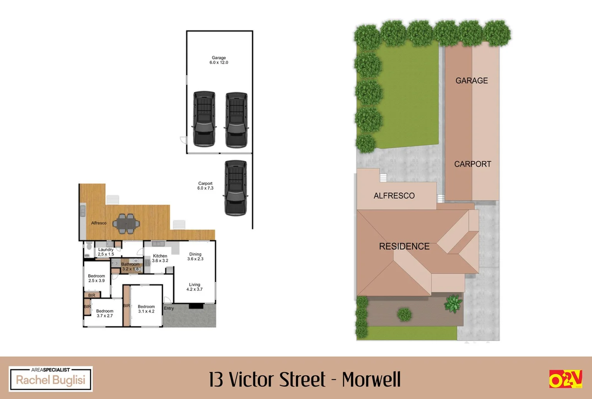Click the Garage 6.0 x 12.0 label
click(219, 60)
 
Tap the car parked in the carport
click(236, 187)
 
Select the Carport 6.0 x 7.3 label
click(205, 186)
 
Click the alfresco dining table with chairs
click(126, 224)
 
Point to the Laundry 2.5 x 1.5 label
click(106, 252)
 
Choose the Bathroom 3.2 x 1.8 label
click(130, 266)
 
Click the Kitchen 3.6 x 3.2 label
click(160, 258)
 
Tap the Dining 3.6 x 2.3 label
click(195, 256)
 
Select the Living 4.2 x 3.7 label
click(194, 287)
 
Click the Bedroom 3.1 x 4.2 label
click(146, 309)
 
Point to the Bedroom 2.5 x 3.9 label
click(96, 278)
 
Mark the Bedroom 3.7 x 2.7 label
click(105, 313)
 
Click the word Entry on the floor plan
click(169, 308)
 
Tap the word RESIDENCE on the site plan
click(404, 246)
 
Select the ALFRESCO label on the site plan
click(394, 196)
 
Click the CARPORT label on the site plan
click(472, 164)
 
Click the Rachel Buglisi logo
click(51, 379)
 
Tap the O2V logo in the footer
click(565, 379)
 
